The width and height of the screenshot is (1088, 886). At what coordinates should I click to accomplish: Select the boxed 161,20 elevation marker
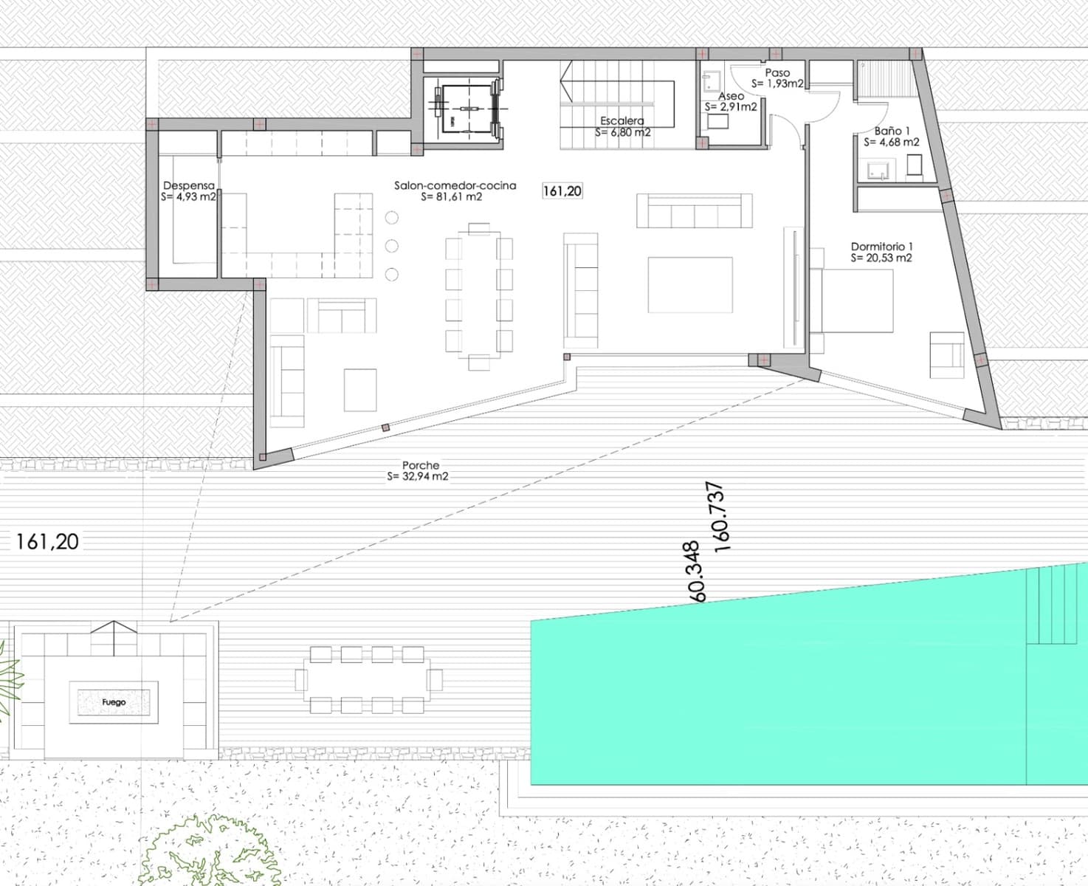click(562, 191)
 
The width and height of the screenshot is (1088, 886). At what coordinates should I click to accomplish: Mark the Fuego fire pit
click(114, 702)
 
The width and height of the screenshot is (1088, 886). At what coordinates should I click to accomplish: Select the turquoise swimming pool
click(775, 694)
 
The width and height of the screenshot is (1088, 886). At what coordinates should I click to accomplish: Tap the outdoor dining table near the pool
click(368, 679)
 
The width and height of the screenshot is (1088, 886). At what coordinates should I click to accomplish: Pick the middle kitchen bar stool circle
click(392, 246)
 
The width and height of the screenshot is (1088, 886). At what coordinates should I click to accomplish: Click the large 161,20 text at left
click(47, 542)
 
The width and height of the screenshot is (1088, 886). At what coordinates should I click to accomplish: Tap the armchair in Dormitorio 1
click(946, 354)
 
